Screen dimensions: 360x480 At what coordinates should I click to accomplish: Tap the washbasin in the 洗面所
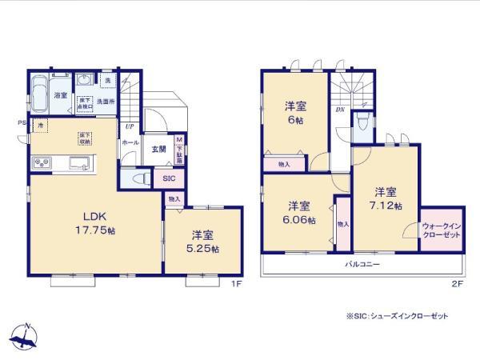tap(84, 82)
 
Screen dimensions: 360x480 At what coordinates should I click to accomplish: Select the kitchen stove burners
tap(42, 163)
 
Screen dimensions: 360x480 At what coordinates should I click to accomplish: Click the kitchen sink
tap(80, 164)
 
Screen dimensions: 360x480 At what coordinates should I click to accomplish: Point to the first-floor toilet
tap(138, 178)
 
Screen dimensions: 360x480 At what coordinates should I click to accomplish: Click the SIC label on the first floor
tap(168, 179)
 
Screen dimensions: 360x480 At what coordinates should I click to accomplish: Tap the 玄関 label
tap(158, 150)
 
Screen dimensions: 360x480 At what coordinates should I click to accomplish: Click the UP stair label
tap(129, 126)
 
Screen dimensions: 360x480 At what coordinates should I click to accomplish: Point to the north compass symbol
tap(26, 334)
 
